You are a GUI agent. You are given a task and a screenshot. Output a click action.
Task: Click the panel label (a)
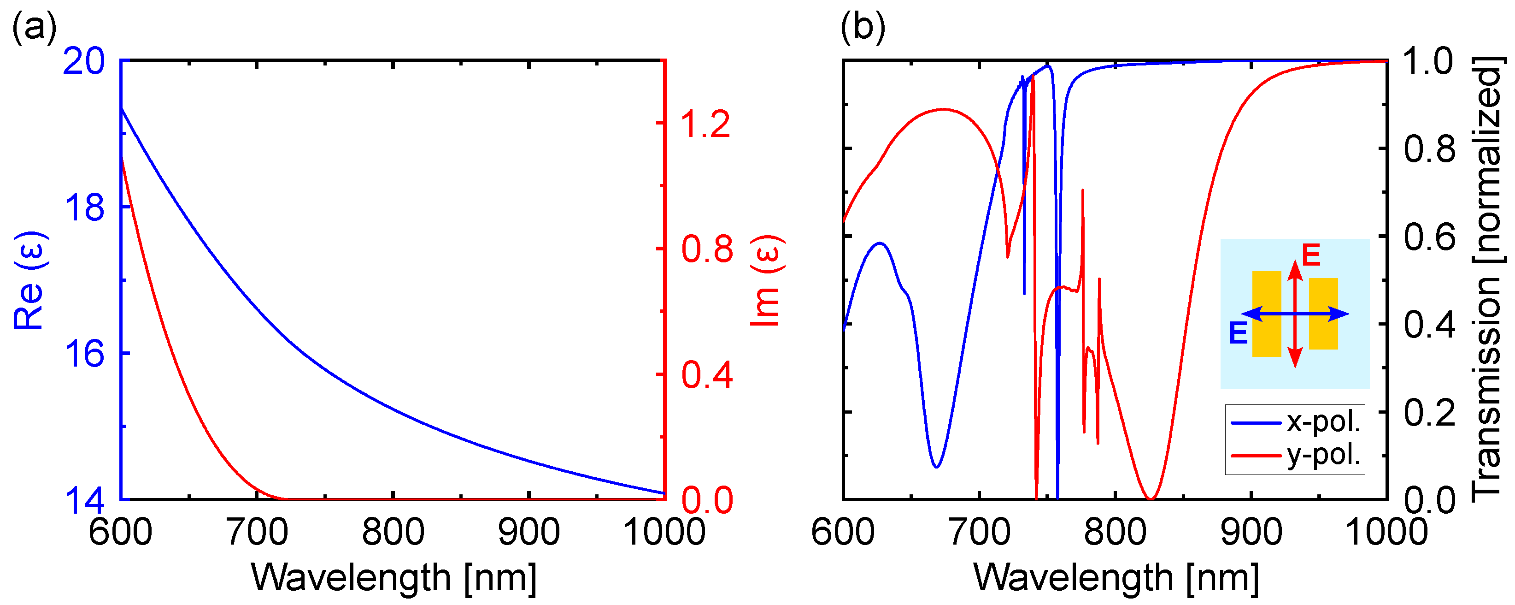[34, 26]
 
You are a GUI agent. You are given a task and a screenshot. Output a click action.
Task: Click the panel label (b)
[862, 26]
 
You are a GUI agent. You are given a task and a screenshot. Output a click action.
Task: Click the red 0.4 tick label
[707, 374]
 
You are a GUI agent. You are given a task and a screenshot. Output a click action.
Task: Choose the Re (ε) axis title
[29, 280]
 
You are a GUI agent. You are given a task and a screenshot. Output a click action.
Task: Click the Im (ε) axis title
[767, 280]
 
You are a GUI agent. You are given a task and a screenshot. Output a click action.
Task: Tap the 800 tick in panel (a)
[393, 531]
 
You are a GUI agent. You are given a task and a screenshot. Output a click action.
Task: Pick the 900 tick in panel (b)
[1251, 531]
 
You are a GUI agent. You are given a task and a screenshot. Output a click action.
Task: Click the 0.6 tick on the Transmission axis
[1430, 237]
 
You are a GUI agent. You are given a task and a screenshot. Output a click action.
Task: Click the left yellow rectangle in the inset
[1266, 314]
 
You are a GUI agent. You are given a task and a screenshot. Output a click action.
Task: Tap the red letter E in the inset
[1311, 255]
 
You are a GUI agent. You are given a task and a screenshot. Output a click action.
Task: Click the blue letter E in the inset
[1239, 334]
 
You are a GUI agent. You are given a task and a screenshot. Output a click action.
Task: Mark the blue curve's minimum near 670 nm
[936, 467]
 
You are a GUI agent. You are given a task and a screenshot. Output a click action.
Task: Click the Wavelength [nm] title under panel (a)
[393, 577]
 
